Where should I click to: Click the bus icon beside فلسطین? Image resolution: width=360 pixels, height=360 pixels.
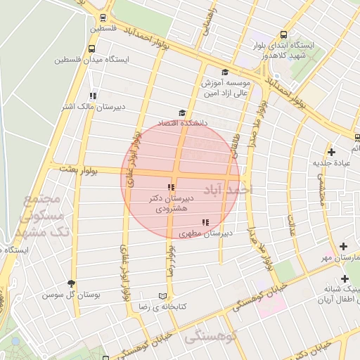coord(103,18)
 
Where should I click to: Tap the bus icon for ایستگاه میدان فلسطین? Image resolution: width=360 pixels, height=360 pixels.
coord(92,49)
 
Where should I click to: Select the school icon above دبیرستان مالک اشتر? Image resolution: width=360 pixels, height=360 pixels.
coord(92,96)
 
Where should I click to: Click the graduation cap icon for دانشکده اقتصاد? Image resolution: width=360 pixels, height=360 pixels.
coord(183,113)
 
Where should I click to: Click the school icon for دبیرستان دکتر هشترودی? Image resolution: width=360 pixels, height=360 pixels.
coord(170,187)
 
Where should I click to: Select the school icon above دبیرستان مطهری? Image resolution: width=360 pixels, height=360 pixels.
coord(205,223)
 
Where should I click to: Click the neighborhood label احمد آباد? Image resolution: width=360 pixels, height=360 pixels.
coord(227,190)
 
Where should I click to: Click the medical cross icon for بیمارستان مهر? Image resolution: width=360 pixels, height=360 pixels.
coord(343,246)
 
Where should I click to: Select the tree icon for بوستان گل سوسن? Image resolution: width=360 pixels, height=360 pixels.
coord(71,283)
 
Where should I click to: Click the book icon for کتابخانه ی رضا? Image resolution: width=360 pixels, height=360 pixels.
coord(163,296)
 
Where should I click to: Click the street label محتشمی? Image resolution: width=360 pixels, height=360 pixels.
coord(321,190)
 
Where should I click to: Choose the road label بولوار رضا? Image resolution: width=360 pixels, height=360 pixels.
coord(169,260)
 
